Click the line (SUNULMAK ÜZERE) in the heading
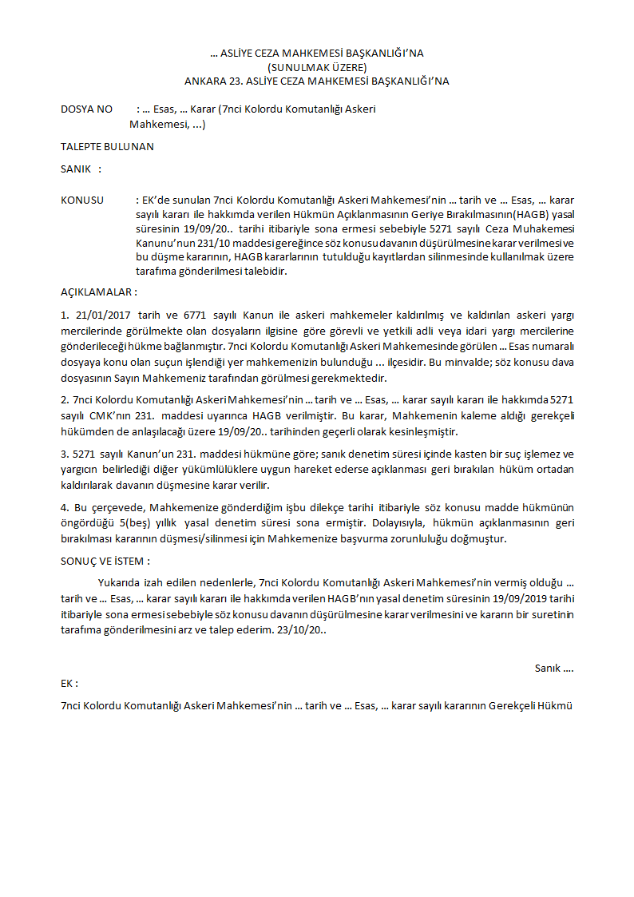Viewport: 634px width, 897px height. coord(317,67)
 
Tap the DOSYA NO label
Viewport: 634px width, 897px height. coord(87,109)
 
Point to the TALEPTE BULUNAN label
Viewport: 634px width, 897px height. coord(107,146)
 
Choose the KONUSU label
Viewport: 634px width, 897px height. coord(82,200)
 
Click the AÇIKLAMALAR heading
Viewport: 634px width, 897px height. coord(98,292)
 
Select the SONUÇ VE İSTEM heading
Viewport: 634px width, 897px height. coord(105,561)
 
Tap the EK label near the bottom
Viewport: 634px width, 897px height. coord(69,684)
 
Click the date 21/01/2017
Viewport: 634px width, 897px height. coord(102,316)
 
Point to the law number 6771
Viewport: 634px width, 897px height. coord(196,316)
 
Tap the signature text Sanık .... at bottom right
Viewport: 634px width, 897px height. coord(554,668)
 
